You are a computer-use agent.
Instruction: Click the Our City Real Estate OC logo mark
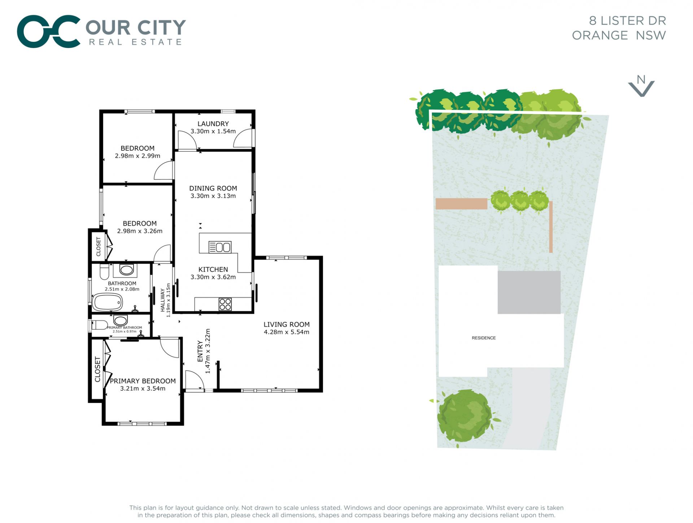48,31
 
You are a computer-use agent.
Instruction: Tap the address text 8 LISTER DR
627,21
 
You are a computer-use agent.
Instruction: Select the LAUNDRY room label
213,124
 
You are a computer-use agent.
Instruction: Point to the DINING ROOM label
213,188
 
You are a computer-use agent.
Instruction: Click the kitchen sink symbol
220,247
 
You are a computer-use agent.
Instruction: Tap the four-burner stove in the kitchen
225,304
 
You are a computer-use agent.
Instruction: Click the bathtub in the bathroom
108,302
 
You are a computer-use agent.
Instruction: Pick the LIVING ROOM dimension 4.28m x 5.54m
286,332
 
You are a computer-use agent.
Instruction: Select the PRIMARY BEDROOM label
143,381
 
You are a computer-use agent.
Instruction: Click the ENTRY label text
200,351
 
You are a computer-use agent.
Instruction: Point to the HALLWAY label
162,300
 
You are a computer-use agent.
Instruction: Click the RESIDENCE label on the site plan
484,338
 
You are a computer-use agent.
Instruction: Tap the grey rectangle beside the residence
529,292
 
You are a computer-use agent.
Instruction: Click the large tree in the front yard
465,416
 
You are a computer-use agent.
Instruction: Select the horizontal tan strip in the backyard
461,204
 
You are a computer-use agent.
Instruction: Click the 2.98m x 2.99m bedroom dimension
138,156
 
